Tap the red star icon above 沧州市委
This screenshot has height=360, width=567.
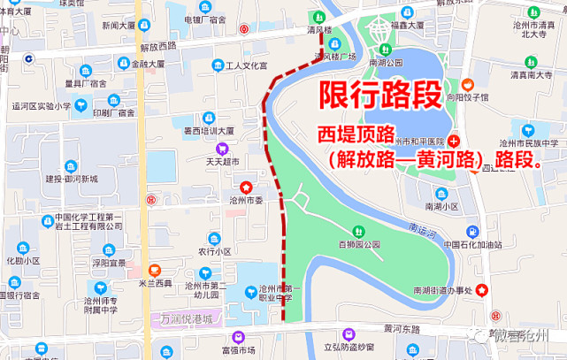click(x=246, y=188)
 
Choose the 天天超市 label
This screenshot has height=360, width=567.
click(x=223, y=162)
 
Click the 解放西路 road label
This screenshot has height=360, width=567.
click(x=158, y=44)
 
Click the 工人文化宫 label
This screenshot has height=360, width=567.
click(x=247, y=66)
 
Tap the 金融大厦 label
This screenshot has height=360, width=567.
click(x=148, y=64)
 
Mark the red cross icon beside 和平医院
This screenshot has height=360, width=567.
click(x=454, y=142)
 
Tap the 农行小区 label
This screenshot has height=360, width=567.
click(x=214, y=251)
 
